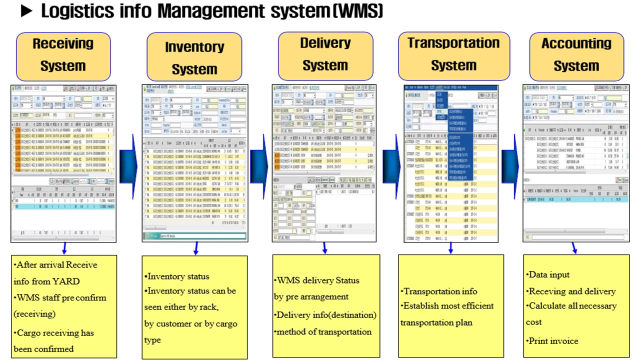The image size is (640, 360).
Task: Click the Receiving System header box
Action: (63, 55)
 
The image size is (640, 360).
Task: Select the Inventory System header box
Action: (194, 58)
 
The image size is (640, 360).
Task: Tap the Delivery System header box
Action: (325, 54)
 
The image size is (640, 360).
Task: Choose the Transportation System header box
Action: (453, 54)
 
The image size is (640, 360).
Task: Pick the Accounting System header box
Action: (576, 55)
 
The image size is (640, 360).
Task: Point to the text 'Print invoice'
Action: (553, 341)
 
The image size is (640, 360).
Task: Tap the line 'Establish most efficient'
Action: (448, 306)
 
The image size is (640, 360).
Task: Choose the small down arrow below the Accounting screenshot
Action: (574, 248)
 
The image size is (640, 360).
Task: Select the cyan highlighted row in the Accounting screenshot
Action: (575, 199)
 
